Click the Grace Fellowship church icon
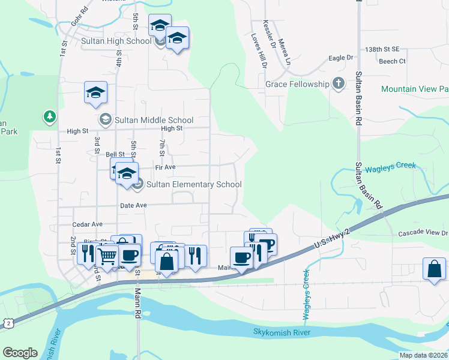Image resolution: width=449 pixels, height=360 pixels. click(339, 84)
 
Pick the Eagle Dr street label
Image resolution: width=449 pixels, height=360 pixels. click(341, 58)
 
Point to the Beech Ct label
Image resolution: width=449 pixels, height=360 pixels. click(392, 61)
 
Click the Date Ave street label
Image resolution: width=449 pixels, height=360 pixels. click(133, 205)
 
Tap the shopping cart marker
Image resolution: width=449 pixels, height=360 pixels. click(107, 256)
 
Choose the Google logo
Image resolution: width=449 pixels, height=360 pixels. click(20, 353)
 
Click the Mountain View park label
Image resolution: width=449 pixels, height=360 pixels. click(415, 89)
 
